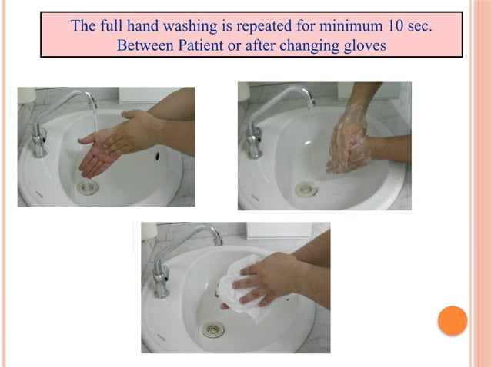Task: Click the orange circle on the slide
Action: point(453,320)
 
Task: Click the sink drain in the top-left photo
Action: point(87,187)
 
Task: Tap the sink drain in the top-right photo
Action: point(306,188)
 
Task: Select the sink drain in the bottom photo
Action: point(213,330)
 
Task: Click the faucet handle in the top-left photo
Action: point(38,140)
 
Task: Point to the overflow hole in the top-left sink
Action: point(157,156)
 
